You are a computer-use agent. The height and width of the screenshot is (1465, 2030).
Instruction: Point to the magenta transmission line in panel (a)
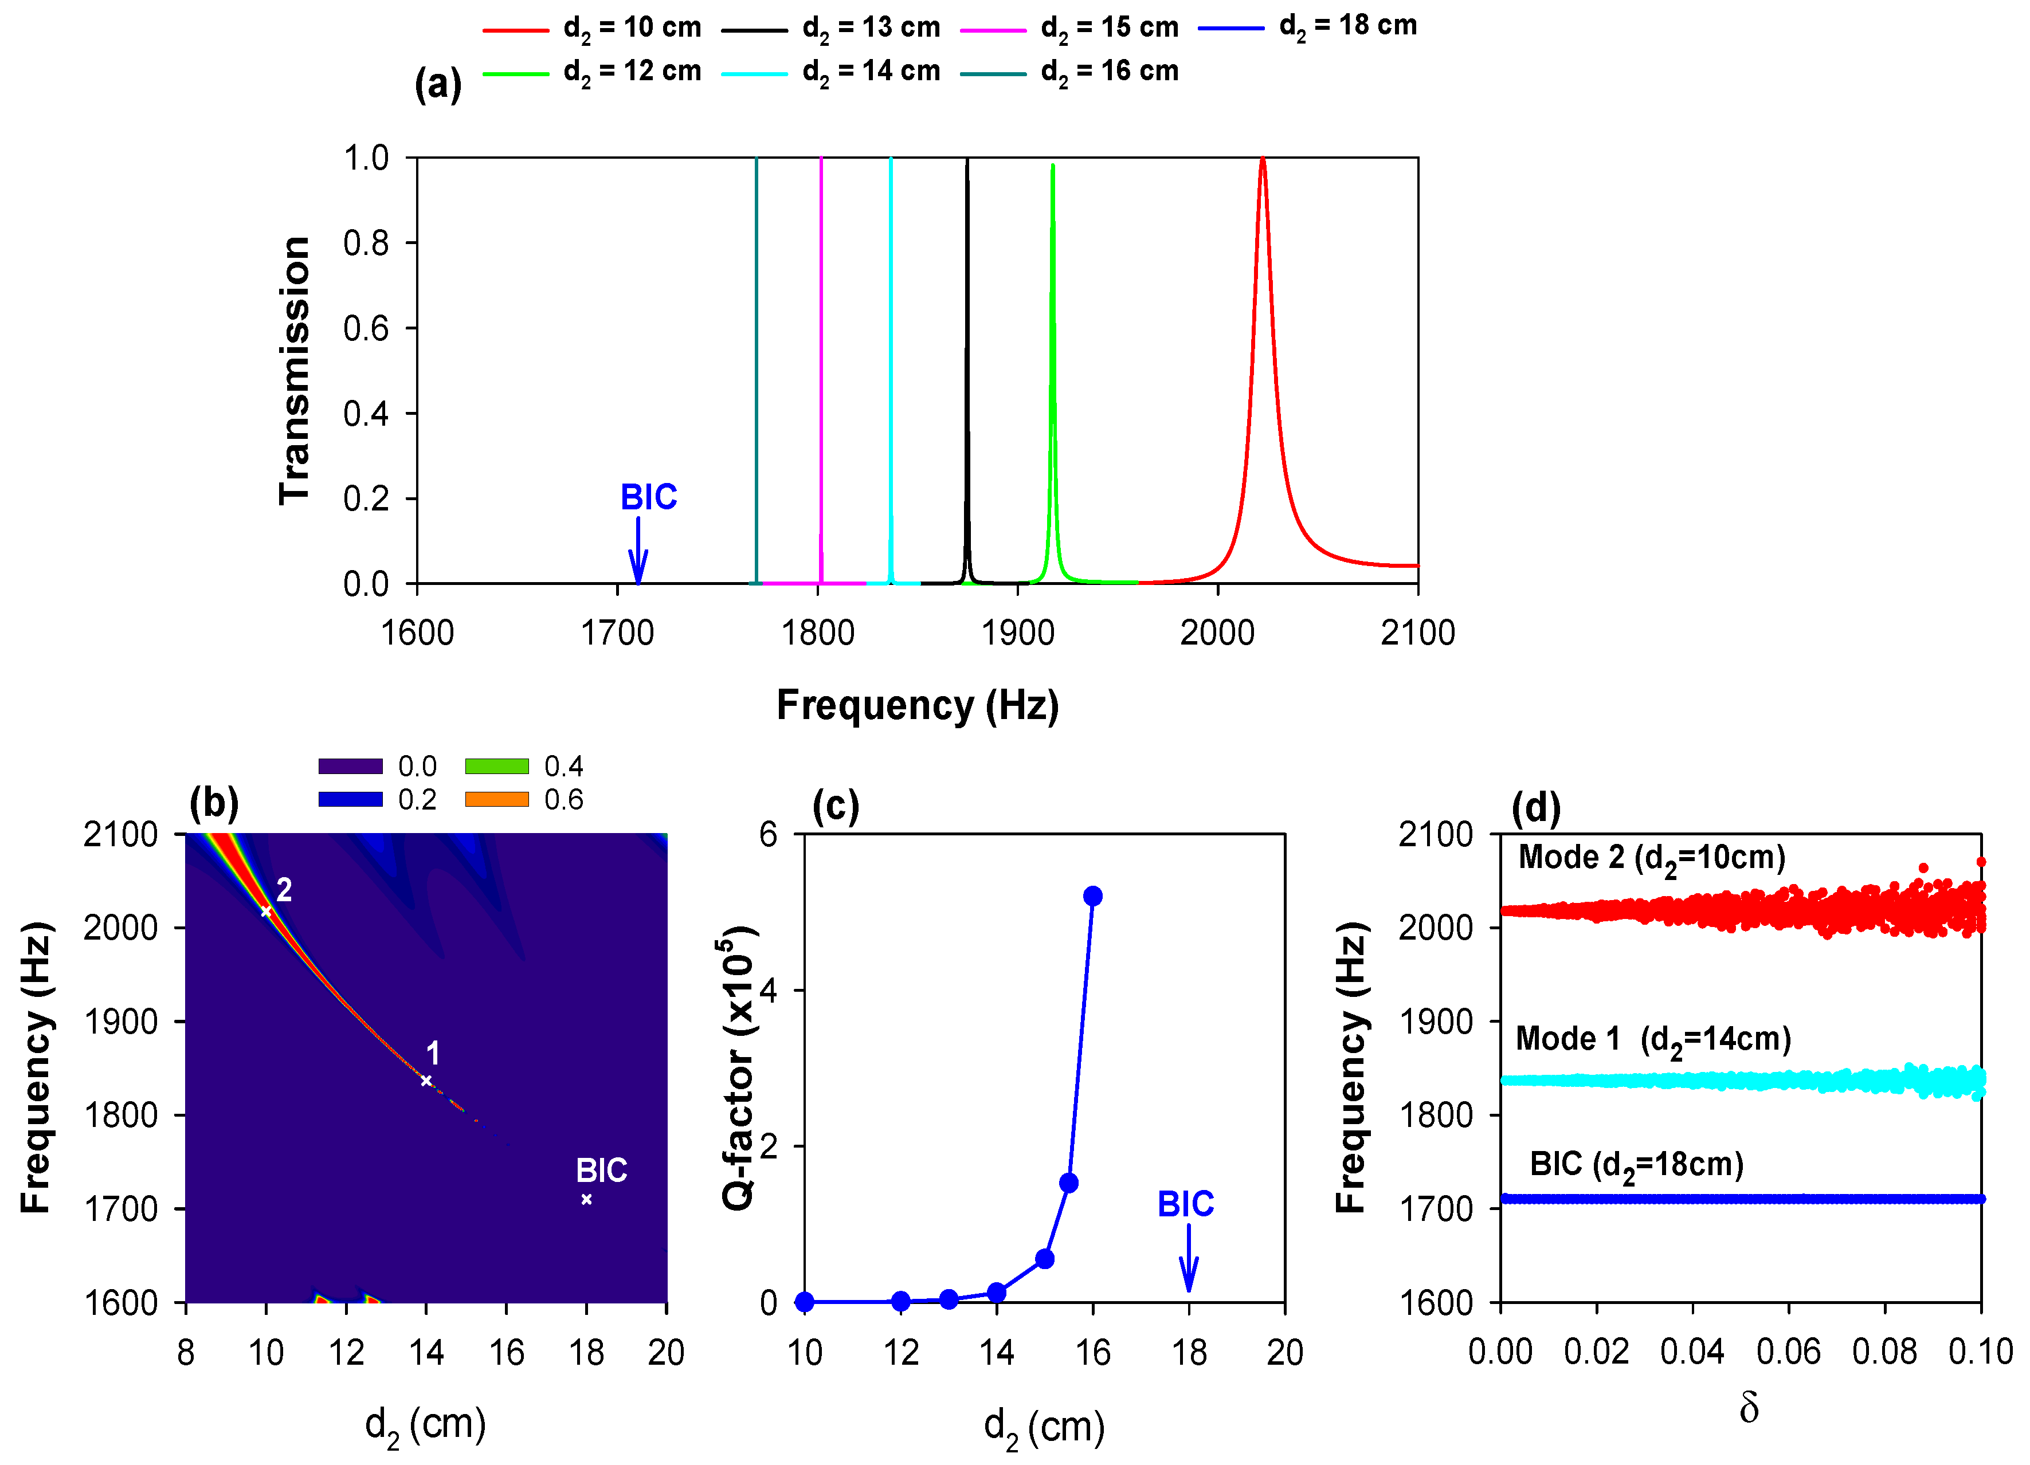coord(821,358)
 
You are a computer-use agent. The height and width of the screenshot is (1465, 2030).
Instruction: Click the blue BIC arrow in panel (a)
coord(637,551)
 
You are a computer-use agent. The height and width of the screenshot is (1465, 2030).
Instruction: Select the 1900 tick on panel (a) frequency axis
coord(1018,633)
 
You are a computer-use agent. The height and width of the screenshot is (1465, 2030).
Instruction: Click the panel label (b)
coord(214,802)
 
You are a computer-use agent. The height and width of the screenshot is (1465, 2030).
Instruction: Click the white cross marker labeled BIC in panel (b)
coord(586,1199)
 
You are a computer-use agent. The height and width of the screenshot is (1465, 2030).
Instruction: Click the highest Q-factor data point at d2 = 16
coord(1092,896)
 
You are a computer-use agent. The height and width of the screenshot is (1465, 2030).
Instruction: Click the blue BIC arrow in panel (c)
coord(1188,1258)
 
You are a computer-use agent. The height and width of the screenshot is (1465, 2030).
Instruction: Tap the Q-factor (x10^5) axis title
coord(739,1067)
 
